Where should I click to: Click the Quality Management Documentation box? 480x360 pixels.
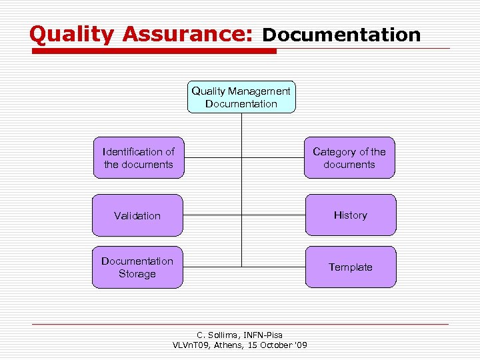[x=241, y=97]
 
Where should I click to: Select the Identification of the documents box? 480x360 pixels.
[x=138, y=158]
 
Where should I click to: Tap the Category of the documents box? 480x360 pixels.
[x=349, y=158]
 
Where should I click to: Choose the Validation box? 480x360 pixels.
[x=137, y=215]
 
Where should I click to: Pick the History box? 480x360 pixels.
[x=350, y=215]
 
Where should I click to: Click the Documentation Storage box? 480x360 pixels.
[x=137, y=267]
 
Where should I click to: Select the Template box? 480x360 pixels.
[x=350, y=267]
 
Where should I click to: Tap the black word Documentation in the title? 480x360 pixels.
[x=341, y=35]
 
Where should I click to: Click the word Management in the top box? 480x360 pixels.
[x=259, y=91]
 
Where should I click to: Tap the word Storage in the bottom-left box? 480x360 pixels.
[x=137, y=274]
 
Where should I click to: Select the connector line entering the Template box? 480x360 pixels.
[x=273, y=267]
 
